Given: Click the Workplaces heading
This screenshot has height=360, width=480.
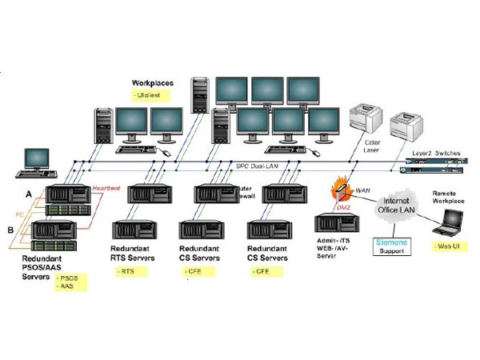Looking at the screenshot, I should tap(153, 82).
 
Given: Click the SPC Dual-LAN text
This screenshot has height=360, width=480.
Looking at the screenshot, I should tap(255, 166).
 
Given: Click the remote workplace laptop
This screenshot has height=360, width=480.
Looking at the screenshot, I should tap(447, 230).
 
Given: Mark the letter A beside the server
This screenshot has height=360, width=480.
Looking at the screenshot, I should tap(30, 193).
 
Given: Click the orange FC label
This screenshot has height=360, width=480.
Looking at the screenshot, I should tap(22, 214).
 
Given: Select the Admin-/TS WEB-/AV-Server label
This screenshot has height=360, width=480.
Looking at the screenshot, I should tap(334, 245).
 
